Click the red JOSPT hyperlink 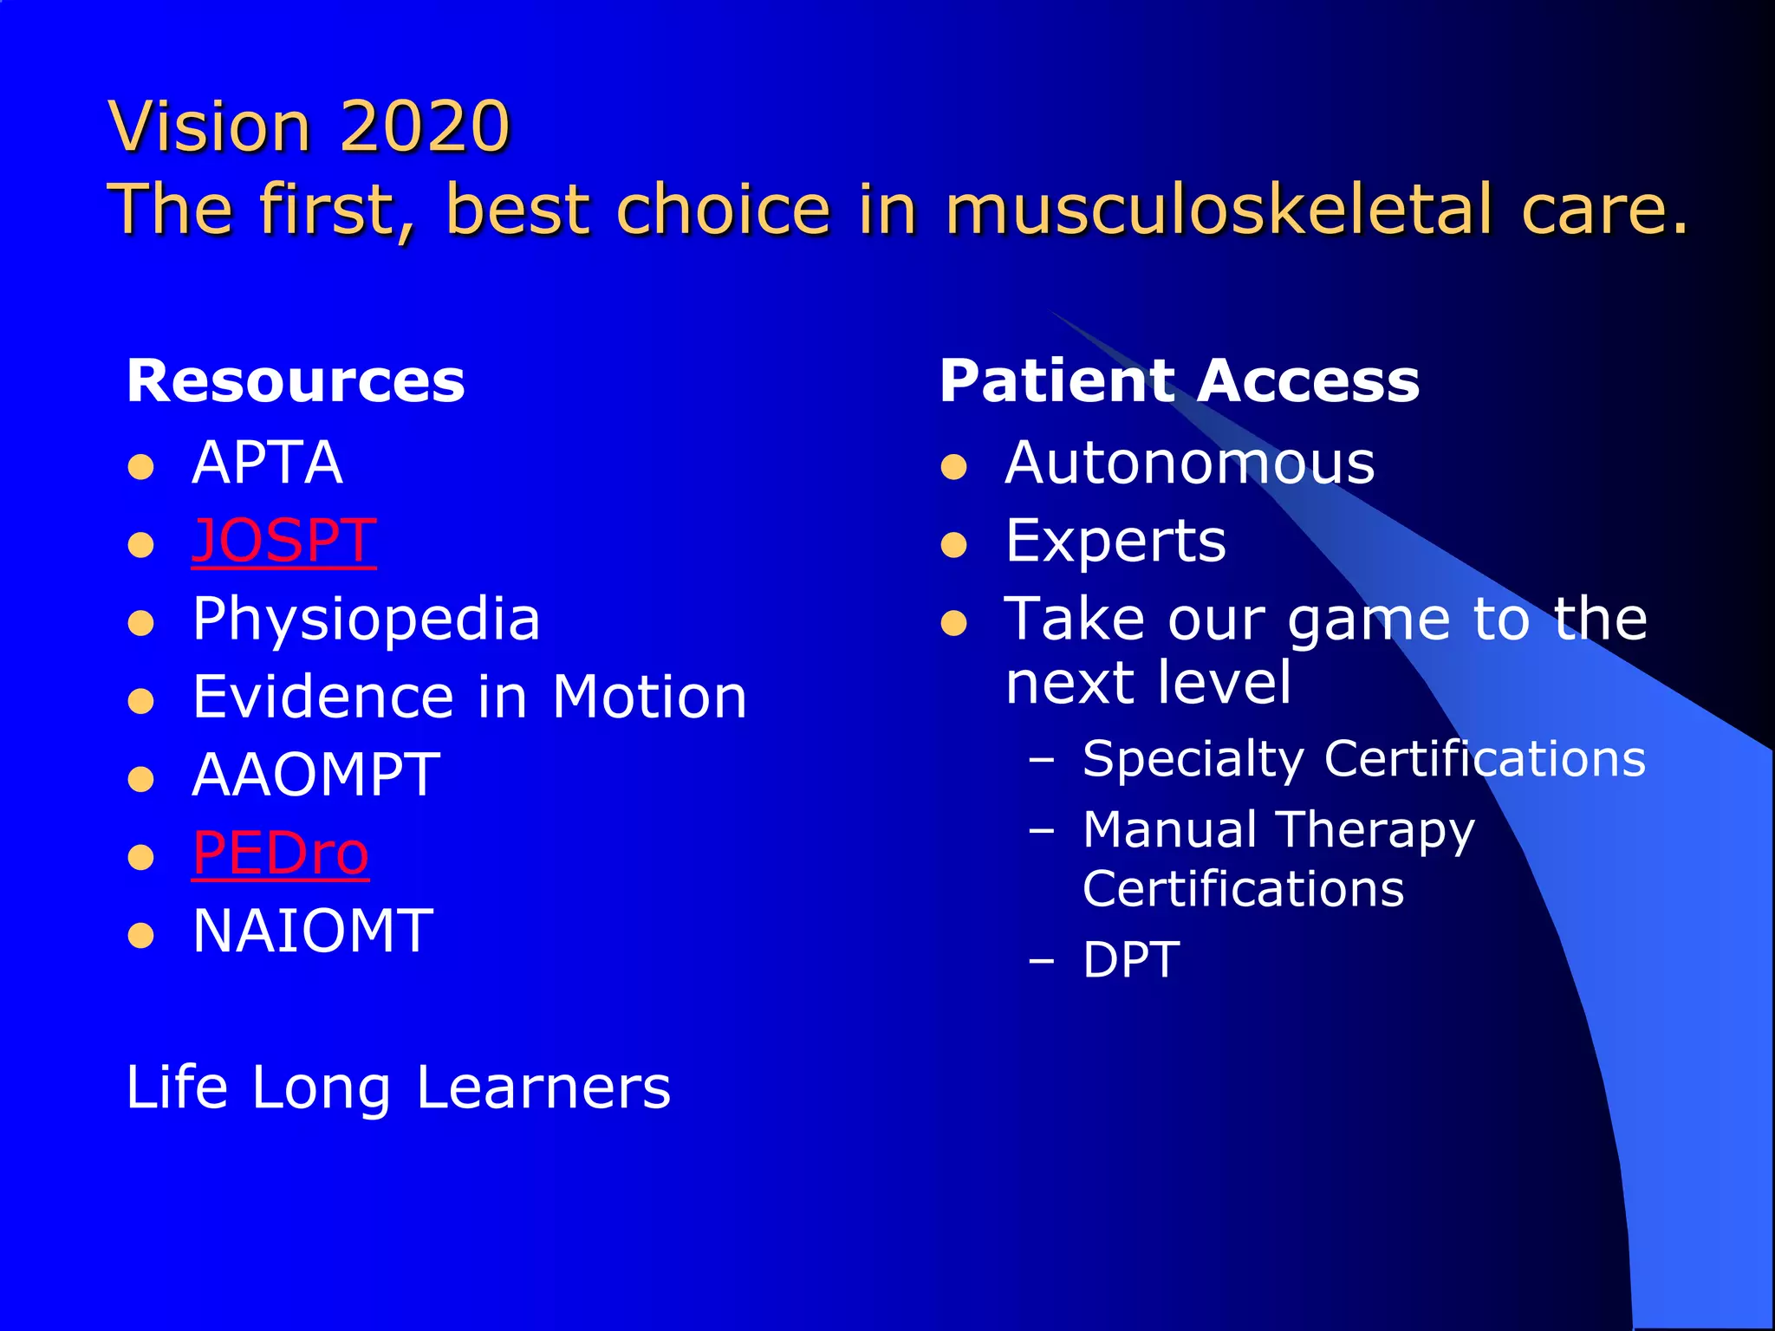click(283, 541)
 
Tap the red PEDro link click(280, 853)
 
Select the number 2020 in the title click(425, 127)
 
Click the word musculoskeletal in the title click(1219, 210)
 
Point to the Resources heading click(296, 381)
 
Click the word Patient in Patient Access click(1057, 381)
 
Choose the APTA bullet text click(267, 463)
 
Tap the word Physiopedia click(366, 619)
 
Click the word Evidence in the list click(322, 697)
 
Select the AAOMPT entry click(315, 775)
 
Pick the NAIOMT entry click(312, 931)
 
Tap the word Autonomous click(1189, 463)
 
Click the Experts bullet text click(1115, 541)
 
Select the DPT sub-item click(1131, 960)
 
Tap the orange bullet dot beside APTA click(140, 468)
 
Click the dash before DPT click(1042, 961)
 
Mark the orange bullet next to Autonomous click(953, 468)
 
